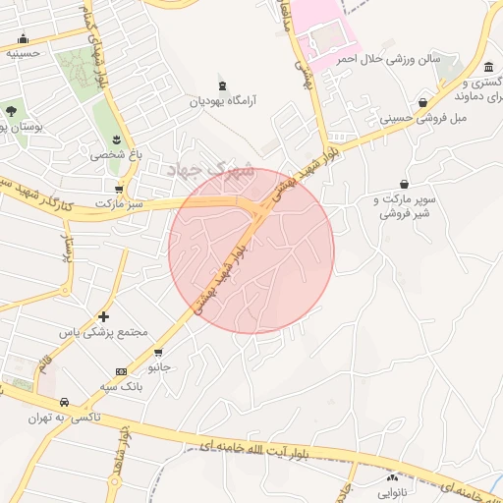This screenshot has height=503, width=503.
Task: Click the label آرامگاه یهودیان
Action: [x=221, y=100]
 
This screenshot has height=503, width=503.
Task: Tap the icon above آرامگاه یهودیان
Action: [x=221, y=85]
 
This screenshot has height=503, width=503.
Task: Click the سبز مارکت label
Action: [x=119, y=202]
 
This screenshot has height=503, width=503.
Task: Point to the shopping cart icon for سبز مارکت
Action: [x=119, y=188]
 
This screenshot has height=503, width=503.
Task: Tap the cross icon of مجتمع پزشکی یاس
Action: [x=103, y=316]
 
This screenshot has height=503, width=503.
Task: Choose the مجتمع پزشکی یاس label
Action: [x=103, y=333]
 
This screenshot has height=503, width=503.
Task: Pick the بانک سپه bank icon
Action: [x=121, y=371]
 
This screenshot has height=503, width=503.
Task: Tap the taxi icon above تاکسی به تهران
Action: [x=63, y=403]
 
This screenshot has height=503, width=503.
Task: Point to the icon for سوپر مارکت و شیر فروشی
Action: [x=404, y=184]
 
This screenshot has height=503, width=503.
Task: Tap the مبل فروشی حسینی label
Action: [x=421, y=119]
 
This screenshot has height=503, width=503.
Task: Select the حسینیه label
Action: [x=23, y=54]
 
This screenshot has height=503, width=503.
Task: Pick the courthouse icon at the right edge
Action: [x=490, y=67]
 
